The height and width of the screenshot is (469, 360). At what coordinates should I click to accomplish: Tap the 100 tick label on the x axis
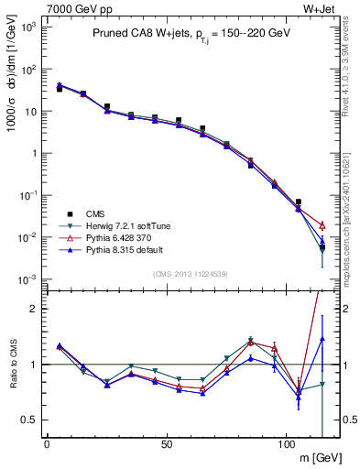pos(287,445)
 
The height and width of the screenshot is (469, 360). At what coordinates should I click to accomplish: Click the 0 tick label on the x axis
pos(47,445)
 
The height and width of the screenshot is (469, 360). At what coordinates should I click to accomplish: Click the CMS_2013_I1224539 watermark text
pos(190,273)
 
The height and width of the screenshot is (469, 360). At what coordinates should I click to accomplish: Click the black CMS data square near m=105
pos(298,202)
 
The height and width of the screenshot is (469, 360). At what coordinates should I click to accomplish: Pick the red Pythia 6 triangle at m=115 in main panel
pos(322,225)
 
